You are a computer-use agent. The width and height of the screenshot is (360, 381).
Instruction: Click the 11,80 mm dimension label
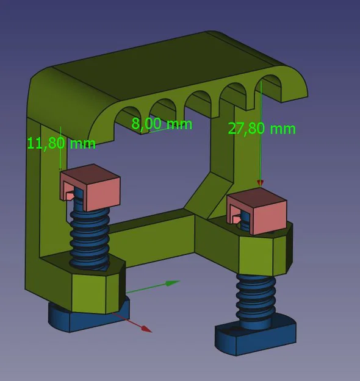pyautogui.click(x=61, y=143)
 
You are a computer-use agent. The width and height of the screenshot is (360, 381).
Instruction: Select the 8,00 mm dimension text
pyautogui.click(x=162, y=124)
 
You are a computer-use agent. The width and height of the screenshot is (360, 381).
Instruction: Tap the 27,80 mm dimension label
pyautogui.click(x=261, y=129)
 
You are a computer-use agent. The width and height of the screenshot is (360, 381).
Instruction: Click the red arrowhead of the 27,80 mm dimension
pyautogui.click(x=261, y=182)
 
